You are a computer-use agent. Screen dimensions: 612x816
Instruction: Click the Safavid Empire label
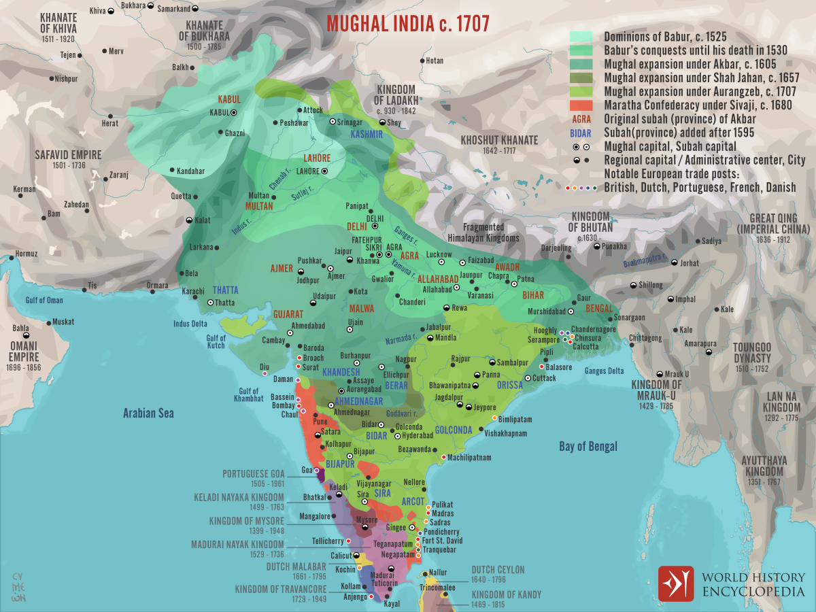68,155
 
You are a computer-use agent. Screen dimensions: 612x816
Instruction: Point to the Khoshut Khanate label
499,140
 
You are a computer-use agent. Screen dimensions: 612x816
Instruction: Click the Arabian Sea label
148,413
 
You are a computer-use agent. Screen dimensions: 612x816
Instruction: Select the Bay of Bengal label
588,446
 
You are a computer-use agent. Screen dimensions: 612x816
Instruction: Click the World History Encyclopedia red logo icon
675,583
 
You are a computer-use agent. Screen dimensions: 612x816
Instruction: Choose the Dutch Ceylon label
498,570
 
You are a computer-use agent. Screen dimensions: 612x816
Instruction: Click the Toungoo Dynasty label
751,352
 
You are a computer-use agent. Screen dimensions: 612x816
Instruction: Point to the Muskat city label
63,322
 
